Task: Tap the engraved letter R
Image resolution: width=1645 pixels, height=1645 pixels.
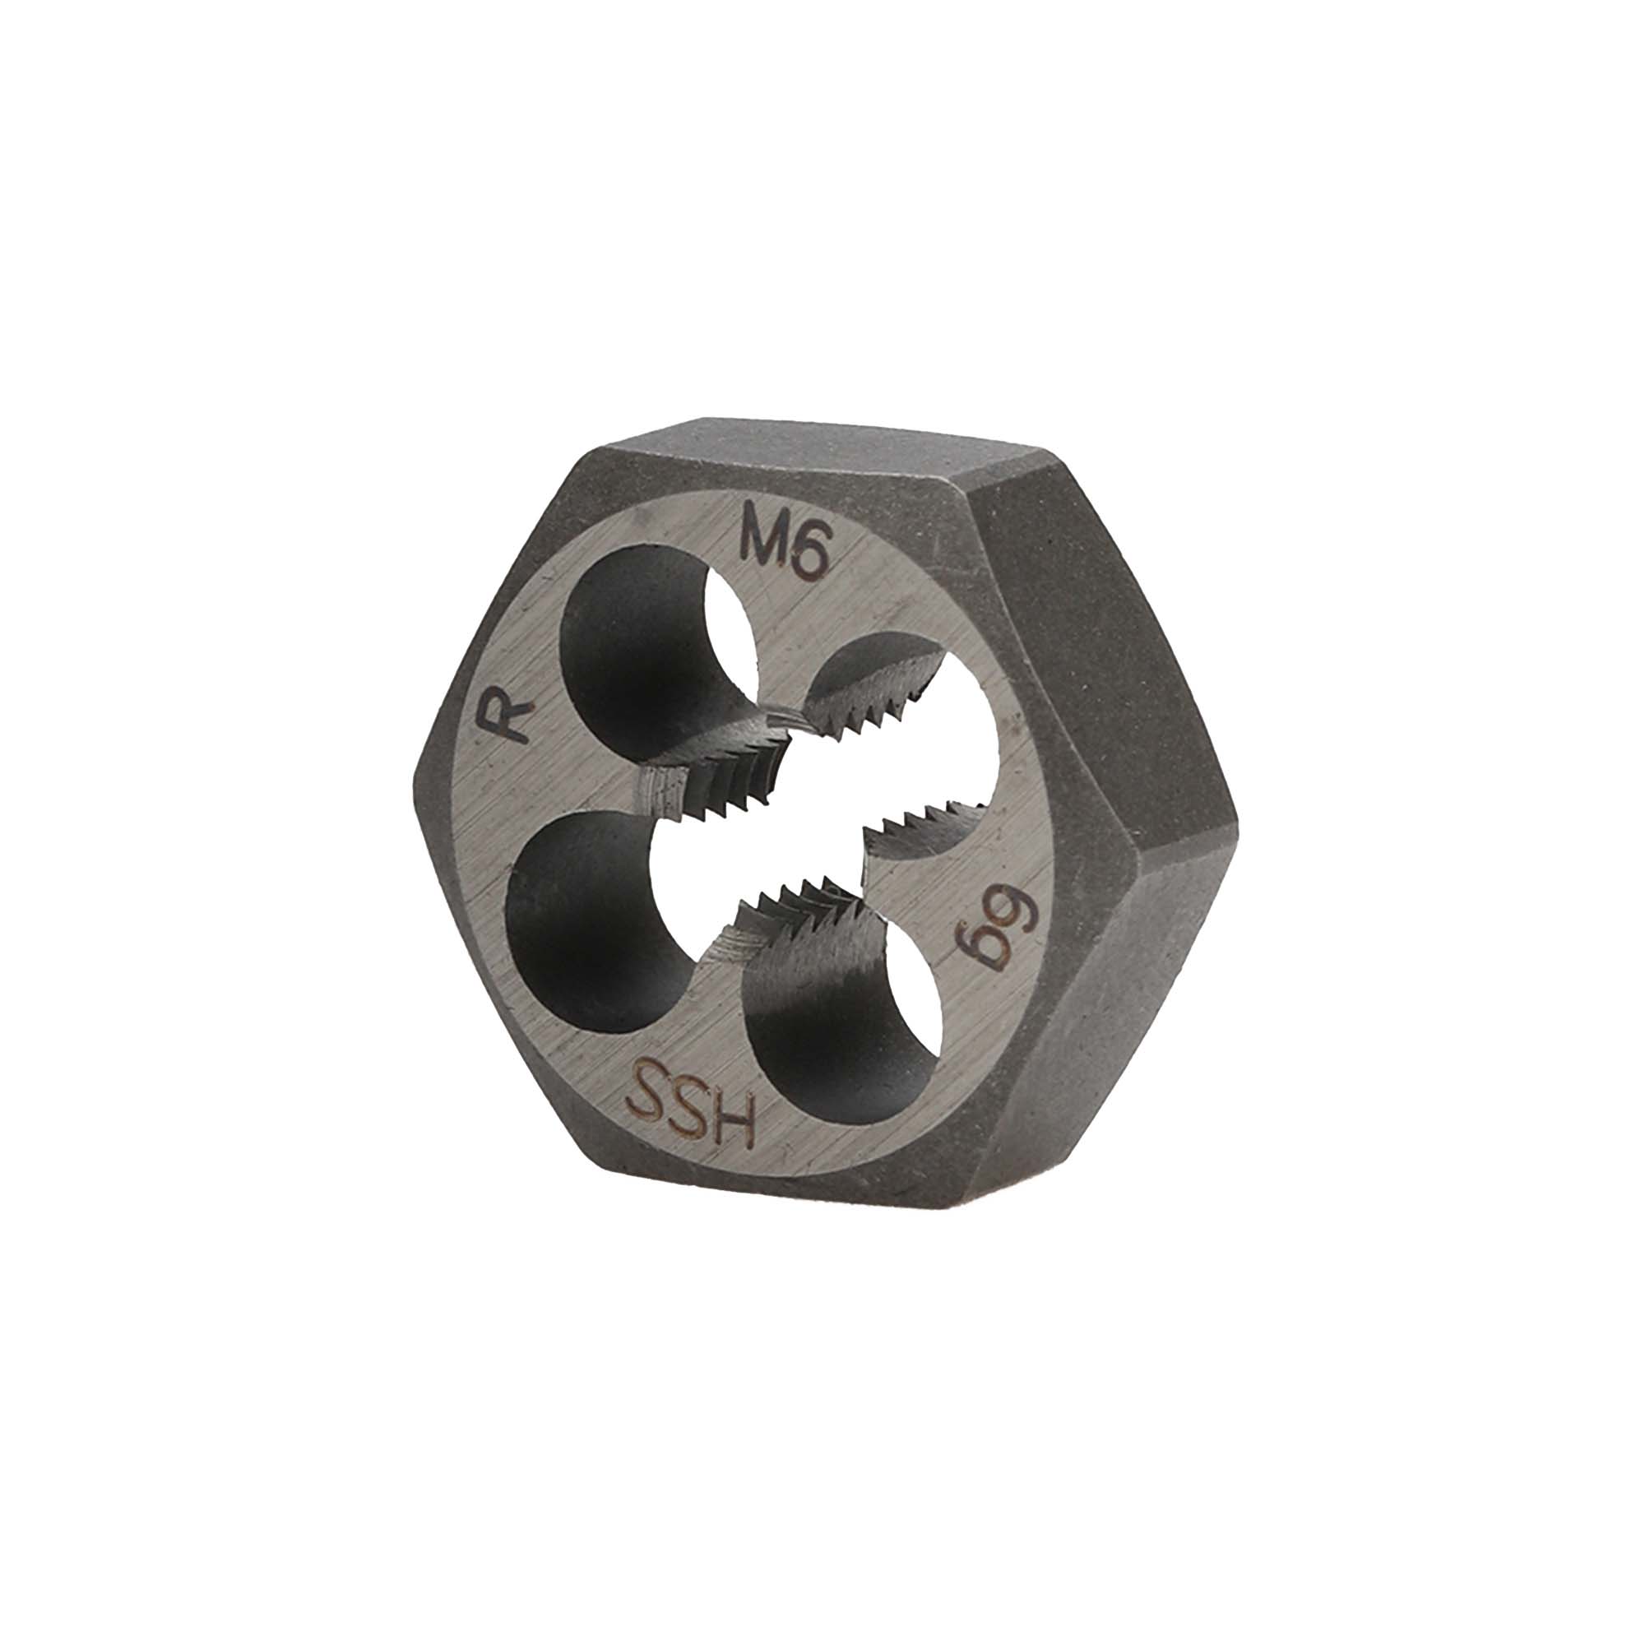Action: [507, 718]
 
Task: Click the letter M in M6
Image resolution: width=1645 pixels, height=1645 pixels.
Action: [766, 544]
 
